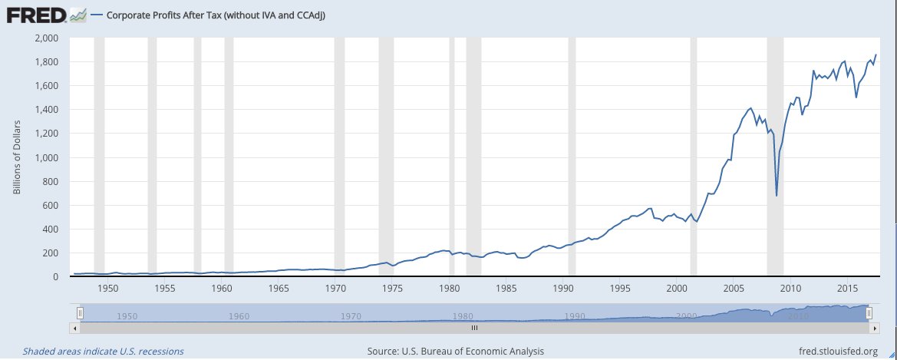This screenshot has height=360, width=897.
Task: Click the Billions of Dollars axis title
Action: pyautogui.click(x=16, y=157)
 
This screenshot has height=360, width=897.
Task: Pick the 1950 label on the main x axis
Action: pyautogui.click(x=108, y=288)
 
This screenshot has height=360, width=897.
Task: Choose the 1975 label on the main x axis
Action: pyautogui.click(x=393, y=288)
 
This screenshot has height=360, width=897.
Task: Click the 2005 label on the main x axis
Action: pyautogui.click(x=734, y=288)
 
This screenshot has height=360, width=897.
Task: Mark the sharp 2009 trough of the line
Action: pyautogui.click(x=777, y=195)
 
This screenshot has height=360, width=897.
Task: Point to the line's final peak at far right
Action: pyautogui.click(x=876, y=54)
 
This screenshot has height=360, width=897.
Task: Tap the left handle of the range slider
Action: pyautogui.click(x=80, y=312)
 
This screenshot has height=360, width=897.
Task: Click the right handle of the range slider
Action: pyautogui.click(x=869, y=312)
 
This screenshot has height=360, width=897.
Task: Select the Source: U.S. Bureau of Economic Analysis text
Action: pyautogui.click(x=456, y=351)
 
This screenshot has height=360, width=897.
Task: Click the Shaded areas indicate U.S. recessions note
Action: pyautogui.click(x=104, y=351)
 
